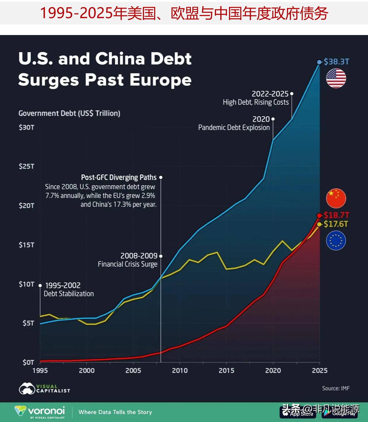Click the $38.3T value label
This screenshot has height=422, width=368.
[336, 62]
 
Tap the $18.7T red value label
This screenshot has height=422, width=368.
[336, 215]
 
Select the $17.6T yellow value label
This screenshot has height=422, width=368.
[336, 224]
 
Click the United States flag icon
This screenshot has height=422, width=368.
[336, 78]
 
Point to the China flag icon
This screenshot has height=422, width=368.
[336, 198]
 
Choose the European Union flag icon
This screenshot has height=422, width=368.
[336, 241]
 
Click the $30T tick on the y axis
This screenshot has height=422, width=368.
[26, 127]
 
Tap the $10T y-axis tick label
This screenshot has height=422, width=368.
[26, 284]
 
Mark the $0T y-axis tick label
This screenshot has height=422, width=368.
[28, 362]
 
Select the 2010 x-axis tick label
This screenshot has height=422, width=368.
[180, 371]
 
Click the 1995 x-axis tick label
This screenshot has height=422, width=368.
[40, 371]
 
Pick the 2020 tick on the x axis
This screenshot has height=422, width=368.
[273, 371]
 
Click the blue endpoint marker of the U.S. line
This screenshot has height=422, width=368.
[319, 62]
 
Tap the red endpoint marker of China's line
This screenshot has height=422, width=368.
[319, 216]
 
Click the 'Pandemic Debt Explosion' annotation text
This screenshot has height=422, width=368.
[234, 127]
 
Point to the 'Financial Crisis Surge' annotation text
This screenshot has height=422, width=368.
[127, 264]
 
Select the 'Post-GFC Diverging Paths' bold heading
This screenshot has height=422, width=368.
[119, 177]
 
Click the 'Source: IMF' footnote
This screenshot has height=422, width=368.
[336, 388]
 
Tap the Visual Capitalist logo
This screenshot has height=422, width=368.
[45, 389]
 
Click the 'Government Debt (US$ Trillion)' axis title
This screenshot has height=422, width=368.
[69, 113]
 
